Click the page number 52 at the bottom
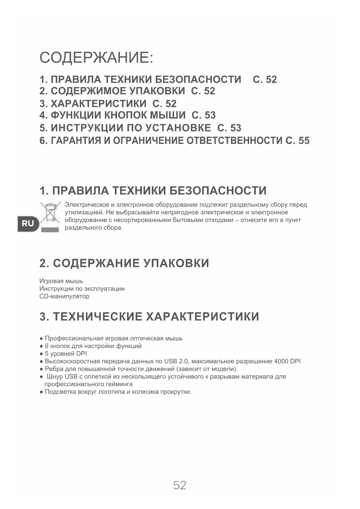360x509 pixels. pos(180,485)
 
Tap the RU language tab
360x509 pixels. pos(28,223)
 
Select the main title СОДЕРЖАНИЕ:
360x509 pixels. pos(96,57)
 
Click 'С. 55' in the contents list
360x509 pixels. pos(298,141)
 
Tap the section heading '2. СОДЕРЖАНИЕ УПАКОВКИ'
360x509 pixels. pos(124,263)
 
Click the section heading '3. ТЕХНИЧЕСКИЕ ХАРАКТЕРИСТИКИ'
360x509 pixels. pos(149,316)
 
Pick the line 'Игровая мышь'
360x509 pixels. pos(61,281)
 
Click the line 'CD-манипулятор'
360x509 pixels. pos(64,296)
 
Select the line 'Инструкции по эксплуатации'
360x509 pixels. pos(82,289)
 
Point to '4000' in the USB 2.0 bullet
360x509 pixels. pos(281,361)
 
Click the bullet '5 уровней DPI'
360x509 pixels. pos(66,353)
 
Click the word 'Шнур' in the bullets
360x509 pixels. pos(55,377)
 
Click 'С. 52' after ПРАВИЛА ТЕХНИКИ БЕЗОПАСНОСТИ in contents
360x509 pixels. pos(265,80)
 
